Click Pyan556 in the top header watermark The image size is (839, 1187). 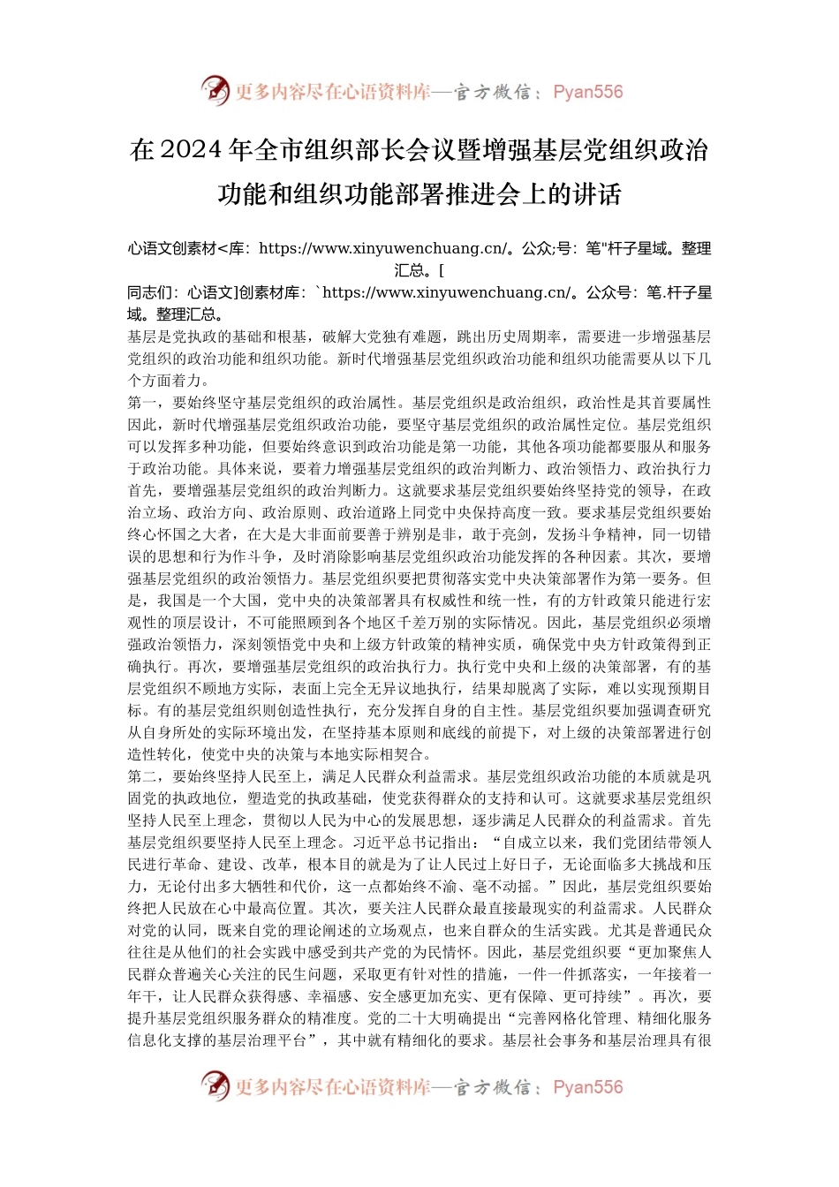587,92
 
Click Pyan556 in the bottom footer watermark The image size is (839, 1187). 587,1087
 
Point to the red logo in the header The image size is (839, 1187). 215,90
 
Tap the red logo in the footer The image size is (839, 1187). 215,1085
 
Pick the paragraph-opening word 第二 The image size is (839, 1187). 142,776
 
